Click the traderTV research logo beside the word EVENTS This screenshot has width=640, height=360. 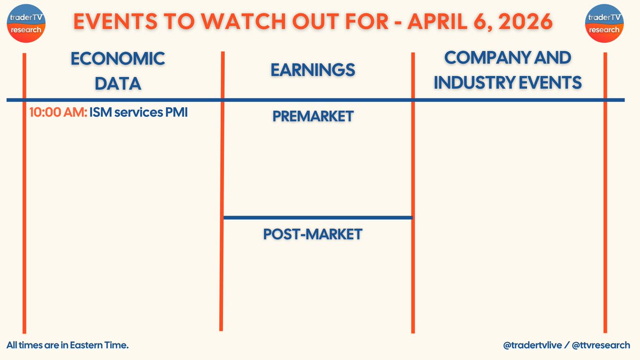(27, 25)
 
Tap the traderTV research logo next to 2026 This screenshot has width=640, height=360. (604, 25)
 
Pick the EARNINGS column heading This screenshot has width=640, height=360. (313, 70)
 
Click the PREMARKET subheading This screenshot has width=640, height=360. (313, 116)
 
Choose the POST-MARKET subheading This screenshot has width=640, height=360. (313, 234)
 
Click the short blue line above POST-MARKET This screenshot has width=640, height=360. (318, 217)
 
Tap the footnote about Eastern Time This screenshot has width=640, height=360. (68, 346)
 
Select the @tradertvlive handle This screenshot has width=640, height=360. (531, 346)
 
